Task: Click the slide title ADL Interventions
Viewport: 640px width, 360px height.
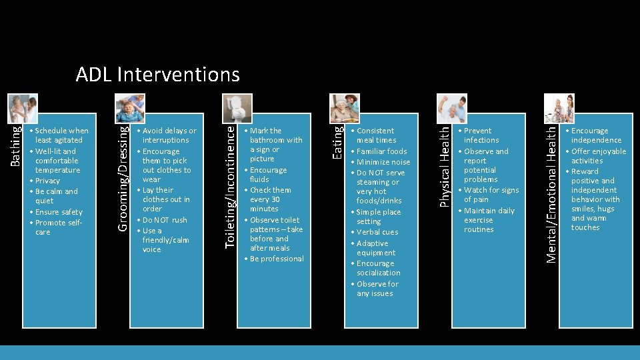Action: (x=157, y=74)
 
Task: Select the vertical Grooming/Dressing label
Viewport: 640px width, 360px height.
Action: (x=124, y=175)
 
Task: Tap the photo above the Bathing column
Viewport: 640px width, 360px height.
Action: (x=23, y=107)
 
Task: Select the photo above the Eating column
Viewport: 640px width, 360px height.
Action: (x=345, y=107)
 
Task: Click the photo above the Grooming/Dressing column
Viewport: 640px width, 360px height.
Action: (x=130, y=107)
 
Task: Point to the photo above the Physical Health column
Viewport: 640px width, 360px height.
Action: (x=451, y=107)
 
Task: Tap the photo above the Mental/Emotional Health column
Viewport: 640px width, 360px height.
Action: (x=559, y=107)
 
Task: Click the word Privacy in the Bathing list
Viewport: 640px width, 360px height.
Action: (x=47, y=181)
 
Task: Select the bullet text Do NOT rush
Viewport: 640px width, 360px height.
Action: (x=165, y=220)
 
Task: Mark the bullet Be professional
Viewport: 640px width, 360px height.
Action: (x=277, y=259)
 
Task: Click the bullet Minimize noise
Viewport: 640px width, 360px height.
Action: (x=383, y=162)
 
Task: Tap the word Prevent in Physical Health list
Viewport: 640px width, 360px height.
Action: (x=477, y=131)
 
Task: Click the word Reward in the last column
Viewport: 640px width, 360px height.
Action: (x=585, y=171)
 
